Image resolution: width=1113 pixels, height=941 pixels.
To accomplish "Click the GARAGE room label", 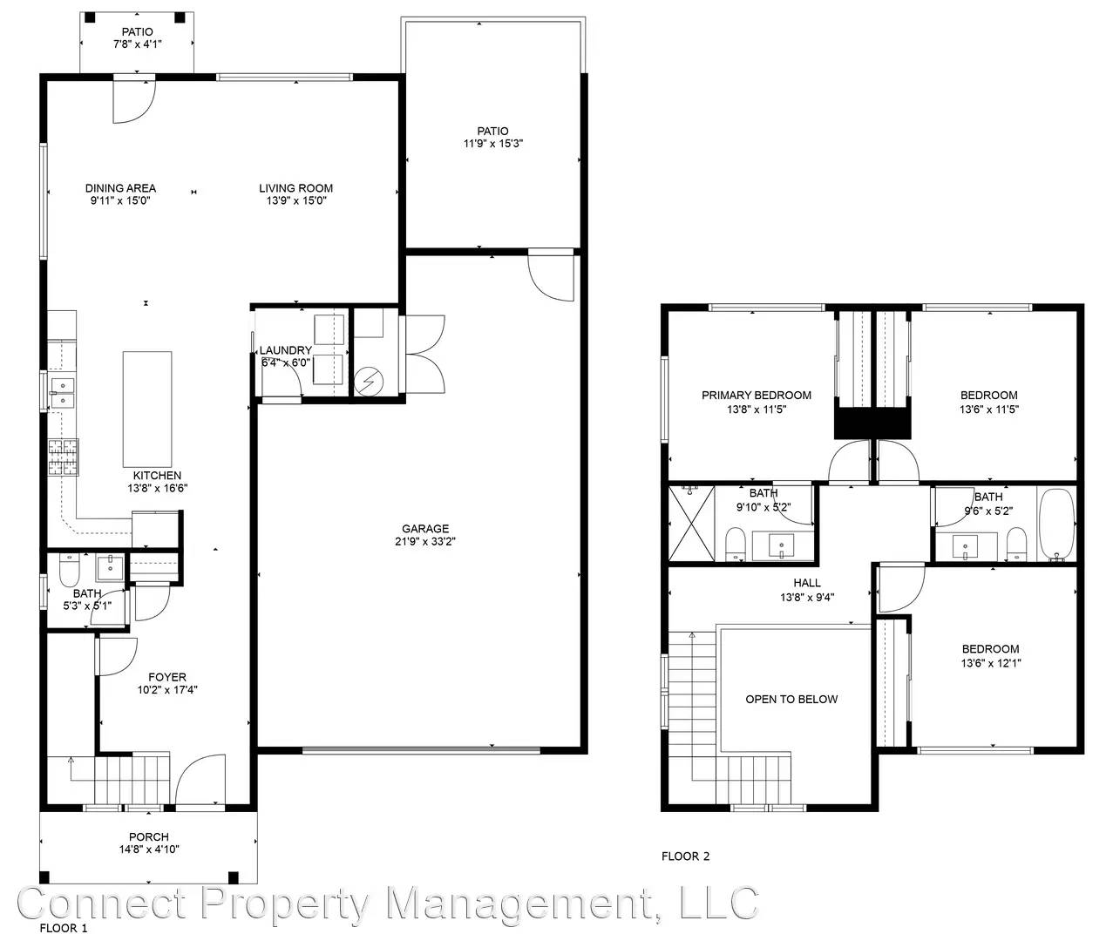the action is [424, 528].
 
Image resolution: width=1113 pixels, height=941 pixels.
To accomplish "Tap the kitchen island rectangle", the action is [147, 410].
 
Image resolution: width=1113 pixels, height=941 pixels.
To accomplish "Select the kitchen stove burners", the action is [64, 457].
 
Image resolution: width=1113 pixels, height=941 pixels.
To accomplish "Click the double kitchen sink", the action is [63, 393].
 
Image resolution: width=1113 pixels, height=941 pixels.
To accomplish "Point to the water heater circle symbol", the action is [369, 381].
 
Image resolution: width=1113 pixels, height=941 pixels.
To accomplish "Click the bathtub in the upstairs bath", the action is [1056, 525].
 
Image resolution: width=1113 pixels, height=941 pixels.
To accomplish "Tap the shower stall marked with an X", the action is [691, 524].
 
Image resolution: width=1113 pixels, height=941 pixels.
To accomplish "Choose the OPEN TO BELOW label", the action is [791, 699].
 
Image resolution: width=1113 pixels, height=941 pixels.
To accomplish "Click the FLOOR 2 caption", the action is [685, 856].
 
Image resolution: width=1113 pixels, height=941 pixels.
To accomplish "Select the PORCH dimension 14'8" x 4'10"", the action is [149, 849].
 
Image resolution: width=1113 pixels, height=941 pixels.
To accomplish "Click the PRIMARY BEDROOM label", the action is [756, 396].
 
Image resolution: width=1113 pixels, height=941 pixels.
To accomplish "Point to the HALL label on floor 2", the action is [806, 583].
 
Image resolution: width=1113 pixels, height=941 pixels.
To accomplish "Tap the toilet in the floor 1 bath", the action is [68, 570].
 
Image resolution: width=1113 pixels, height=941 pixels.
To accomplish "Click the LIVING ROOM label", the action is [295, 188].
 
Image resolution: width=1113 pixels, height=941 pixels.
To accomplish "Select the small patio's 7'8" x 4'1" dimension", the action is [138, 44].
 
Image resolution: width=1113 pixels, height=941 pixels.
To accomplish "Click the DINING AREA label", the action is [120, 188].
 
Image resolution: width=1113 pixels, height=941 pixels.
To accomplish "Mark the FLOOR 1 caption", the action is [63, 928].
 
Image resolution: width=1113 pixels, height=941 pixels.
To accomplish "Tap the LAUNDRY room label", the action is [285, 350].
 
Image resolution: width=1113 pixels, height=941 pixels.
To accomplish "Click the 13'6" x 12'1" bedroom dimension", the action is [991, 663].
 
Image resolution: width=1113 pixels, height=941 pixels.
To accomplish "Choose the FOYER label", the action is [167, 677].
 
